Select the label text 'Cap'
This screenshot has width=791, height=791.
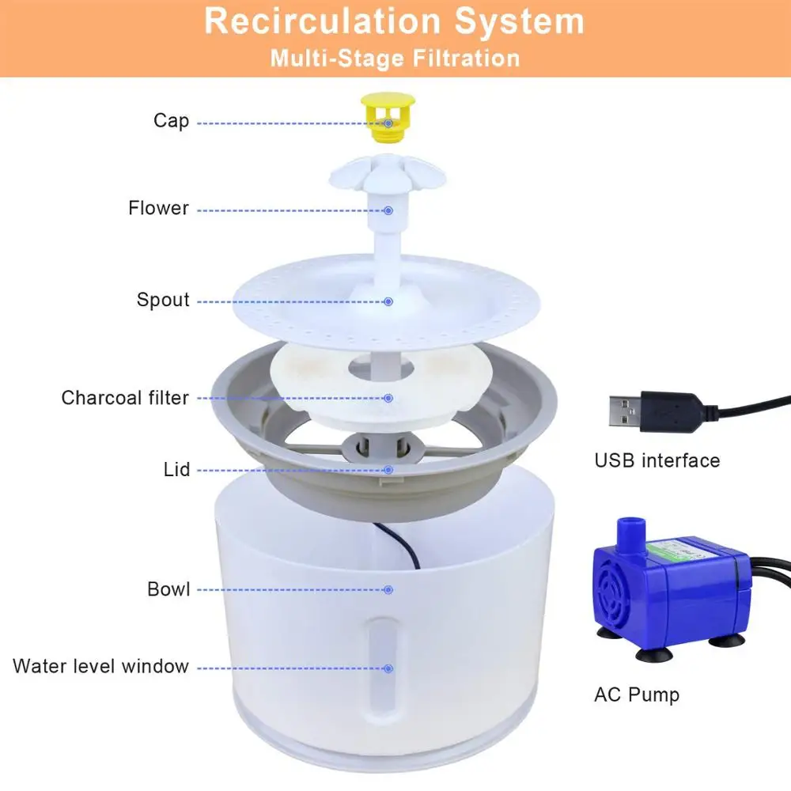click(x=171, y=121)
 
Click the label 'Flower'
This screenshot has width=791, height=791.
click(x=158, y=208)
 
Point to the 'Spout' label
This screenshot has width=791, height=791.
click(x=163, y=300)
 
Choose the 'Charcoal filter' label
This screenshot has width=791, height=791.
click(x=125, y=397)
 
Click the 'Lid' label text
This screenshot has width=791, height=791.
click(x=176, y=470)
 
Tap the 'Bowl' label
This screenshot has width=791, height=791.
click(x=168, y=589)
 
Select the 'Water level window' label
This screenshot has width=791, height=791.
click(x=100, y=666)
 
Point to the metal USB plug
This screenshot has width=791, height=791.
click(x=624, y=411)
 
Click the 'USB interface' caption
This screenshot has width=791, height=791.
click(x=657, y=460)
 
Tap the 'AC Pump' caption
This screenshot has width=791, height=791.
click(x=636, y=694)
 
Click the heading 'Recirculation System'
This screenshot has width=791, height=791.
click(x=394, y=21)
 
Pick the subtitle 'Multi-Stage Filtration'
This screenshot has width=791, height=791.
click(x=395, y=59)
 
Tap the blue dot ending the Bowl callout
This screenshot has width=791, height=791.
click(x=388, y=589)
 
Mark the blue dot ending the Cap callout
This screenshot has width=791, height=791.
click(x=388, y=123)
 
